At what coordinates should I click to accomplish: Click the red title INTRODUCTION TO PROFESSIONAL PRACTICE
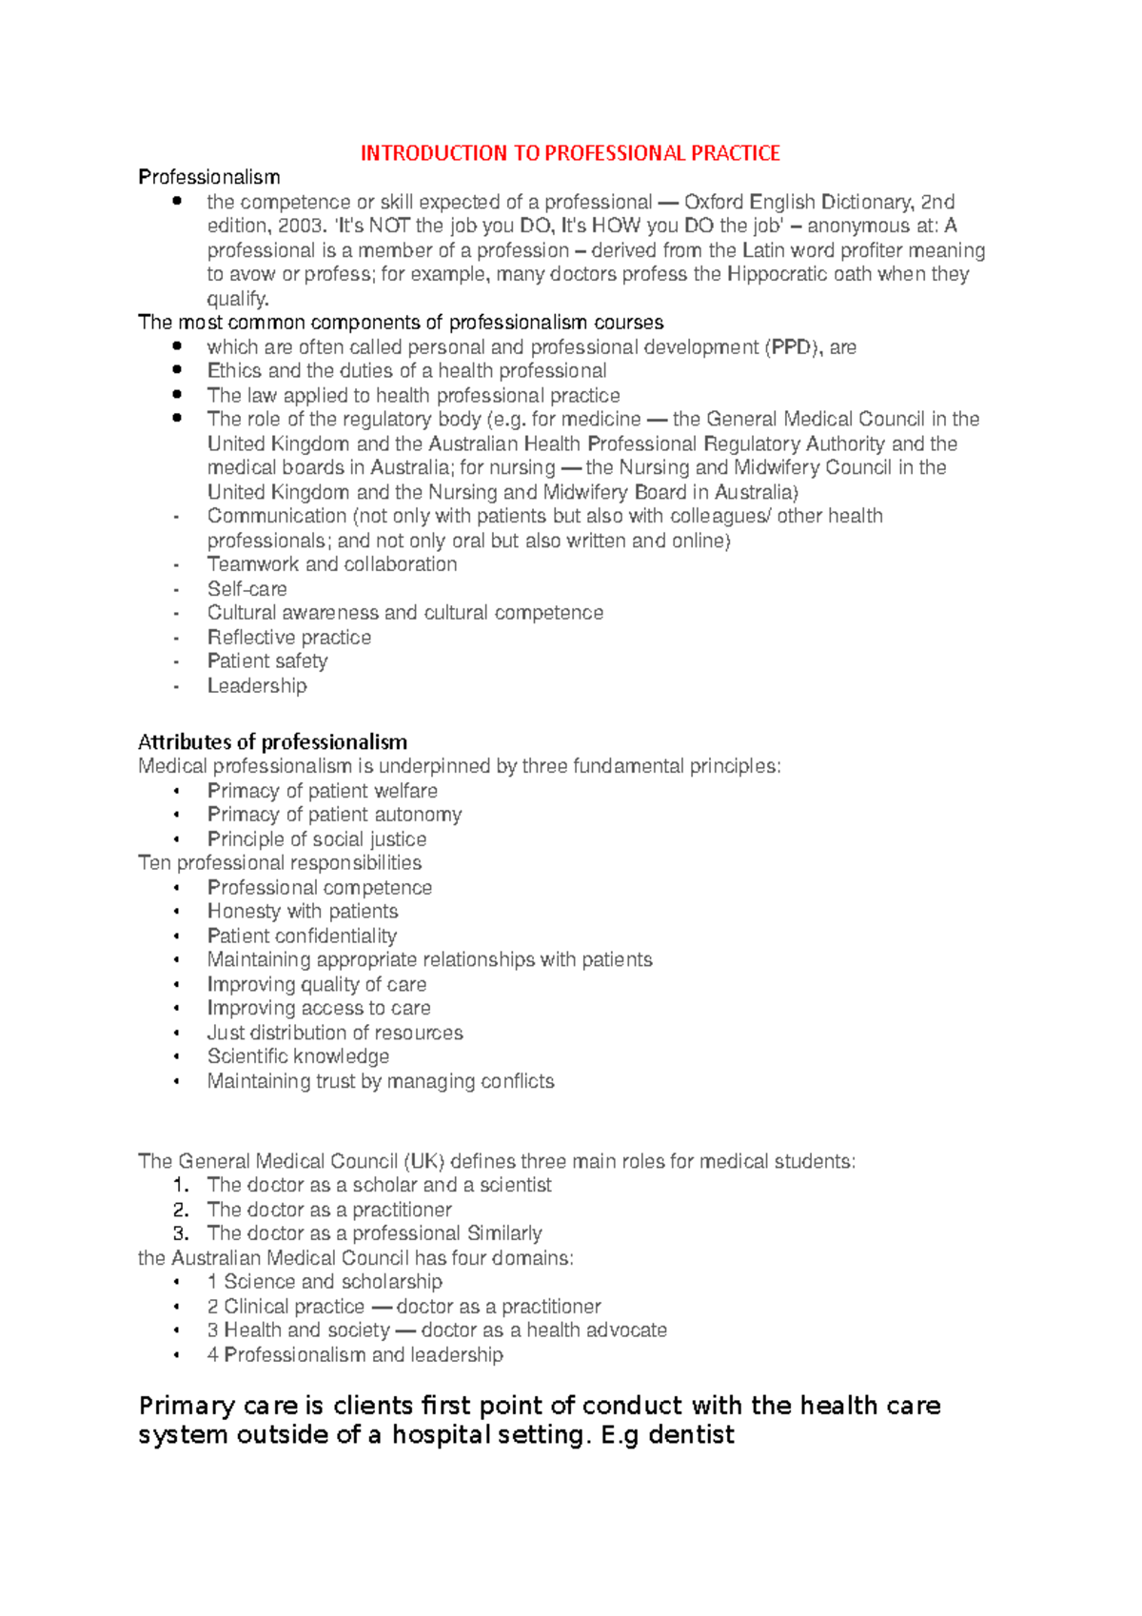570,153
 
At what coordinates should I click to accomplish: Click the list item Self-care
246,589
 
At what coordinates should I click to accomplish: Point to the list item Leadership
257,686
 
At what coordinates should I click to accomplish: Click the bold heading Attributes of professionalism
272,741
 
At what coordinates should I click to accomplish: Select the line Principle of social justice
316,839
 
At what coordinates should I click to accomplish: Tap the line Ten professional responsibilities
280,863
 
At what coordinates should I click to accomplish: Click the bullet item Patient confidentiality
302,936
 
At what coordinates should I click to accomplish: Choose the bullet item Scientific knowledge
298,1056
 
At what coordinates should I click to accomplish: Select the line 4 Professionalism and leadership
355,1354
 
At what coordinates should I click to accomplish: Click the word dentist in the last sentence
691,1435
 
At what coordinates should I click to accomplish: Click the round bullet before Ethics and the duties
177,370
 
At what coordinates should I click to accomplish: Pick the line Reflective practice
289,638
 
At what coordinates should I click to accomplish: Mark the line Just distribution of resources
335,1033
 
